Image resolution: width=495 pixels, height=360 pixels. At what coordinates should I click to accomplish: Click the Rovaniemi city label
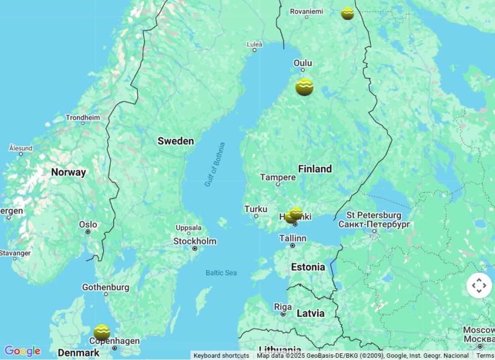pyautogui.click(x=306, y=11)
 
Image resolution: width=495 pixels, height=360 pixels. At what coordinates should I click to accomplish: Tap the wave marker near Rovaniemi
pyautogui.click(x=348, y=13)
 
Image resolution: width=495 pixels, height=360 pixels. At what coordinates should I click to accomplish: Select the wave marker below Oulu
pyautogui.click(x=305, y=87)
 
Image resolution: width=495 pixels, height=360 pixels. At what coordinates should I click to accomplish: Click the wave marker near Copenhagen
pyautogui.click(x=102, y=332)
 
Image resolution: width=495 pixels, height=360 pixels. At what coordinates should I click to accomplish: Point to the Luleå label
pyautogui.click(x=255, y=44)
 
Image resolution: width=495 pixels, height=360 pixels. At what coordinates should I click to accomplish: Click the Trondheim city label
pyautogui.click(x=83, y=117)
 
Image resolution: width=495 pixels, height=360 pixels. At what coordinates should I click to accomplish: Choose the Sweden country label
pyautogui.click(x=176, y=141)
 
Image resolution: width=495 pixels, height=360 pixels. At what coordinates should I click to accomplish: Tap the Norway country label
pyautogui.click(x=69, y=172)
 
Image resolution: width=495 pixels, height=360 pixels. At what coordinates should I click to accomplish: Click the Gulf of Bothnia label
pyautogui.click(x=215, y=164)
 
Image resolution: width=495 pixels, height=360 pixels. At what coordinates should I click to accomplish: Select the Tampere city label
pyautogui.click(x=278, y=177)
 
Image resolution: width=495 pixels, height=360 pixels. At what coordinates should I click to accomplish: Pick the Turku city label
pyautogui.click(x=255, y=209)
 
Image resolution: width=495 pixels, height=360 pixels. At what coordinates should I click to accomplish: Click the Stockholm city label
pyautogui.click(x=195, y=241)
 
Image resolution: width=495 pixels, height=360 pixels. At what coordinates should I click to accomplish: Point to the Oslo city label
pyautogui.click(x=88, y=225)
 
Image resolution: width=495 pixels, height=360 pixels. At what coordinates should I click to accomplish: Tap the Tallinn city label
pyautogui.click(x=292, y=238)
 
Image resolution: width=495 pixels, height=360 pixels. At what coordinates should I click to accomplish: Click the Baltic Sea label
pyautogui.click(x=221, y=272)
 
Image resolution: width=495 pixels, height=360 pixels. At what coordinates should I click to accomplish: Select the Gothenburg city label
pyautogui.click(x=106, y=287)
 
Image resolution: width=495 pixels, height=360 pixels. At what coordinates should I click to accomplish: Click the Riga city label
pyautogui.click(x=283, y=307)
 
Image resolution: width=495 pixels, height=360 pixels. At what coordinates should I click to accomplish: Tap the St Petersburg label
pyautogui.click(x=374, y=215)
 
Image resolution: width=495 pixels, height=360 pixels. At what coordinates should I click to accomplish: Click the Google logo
pyautogui.click(x=22, y=351)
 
